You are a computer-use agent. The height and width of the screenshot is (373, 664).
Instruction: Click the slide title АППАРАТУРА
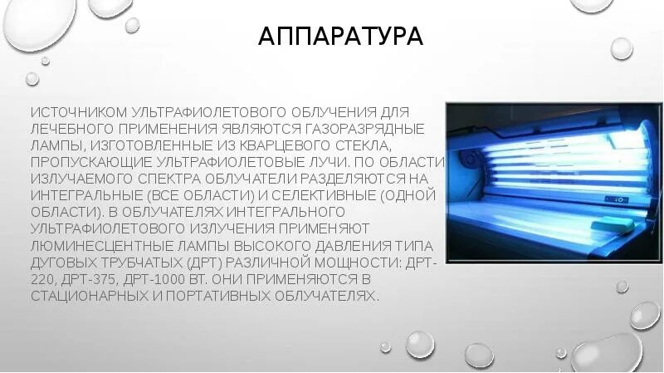(340, 37)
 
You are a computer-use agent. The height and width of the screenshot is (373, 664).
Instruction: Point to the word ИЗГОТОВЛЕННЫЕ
(139, 146)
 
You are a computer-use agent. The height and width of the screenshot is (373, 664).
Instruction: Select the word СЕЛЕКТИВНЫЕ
(323, 194)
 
